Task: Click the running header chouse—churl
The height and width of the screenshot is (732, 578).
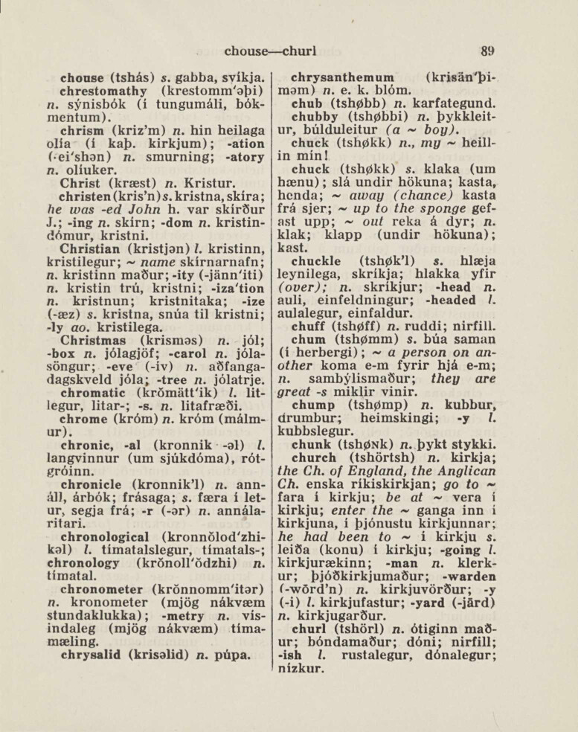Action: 271,52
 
